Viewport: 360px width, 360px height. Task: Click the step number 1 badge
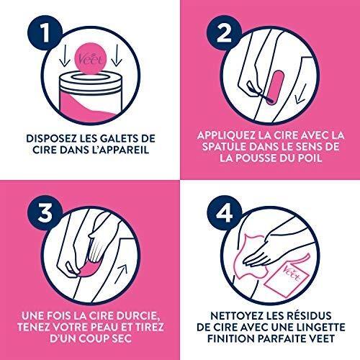(x=45, y=34)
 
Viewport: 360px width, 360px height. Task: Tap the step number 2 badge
(x=225, y=34)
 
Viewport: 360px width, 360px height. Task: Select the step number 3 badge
(x=45, y=213)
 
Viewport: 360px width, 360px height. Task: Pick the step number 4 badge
(x=225, y=213)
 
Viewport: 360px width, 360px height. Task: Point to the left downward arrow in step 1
(x=65, y=55)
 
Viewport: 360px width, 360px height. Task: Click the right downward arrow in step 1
(x=117, y=55)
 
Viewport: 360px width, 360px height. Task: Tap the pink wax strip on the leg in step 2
(x=275, y=88)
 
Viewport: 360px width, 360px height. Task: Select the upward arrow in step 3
(x=121, y=274)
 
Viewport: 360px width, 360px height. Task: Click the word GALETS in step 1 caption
(x=116, y=138)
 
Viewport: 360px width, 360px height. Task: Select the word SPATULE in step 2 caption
(x=224, y=147)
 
